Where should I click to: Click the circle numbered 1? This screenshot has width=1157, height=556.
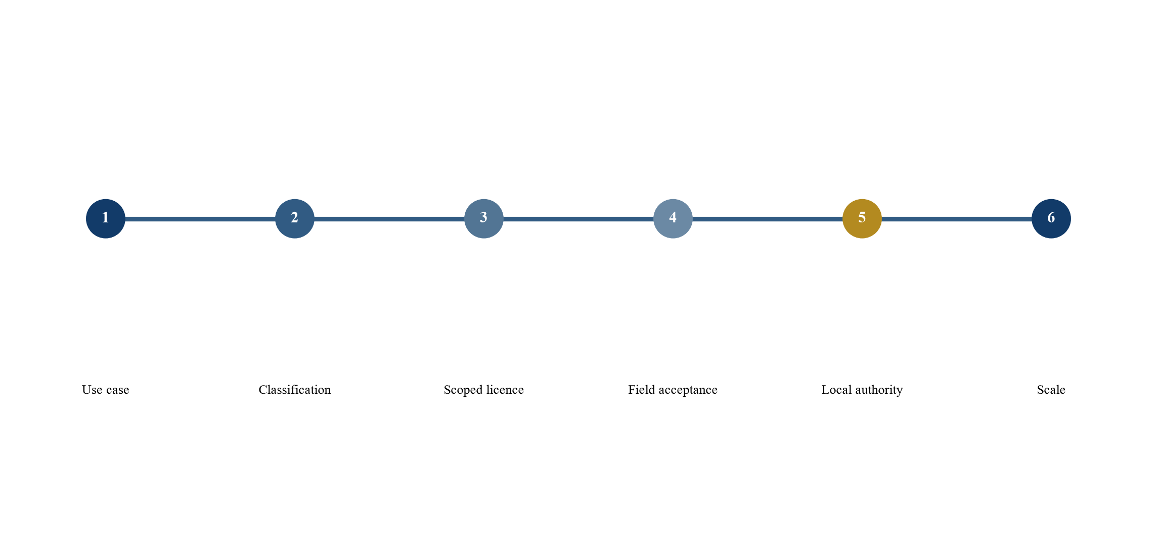pyautogui.click(x=106, y=218)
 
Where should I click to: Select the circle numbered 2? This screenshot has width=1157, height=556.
pyautogui.click(x=295, y=218)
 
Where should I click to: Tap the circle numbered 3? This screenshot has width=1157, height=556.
pyautogui.click(x=484, y=218)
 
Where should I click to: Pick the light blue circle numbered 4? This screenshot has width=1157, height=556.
pyautogui.click(x=673, y=218)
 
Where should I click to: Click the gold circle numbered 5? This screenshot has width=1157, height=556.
pyautogui.click(x=862, y=218)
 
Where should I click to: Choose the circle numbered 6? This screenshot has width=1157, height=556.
pyautogui.click(x=1051, y=218)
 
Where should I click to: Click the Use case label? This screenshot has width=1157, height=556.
pyautogui.click(x=106, y=390)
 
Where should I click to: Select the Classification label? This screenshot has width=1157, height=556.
pyautogui.click(x=295, y=390)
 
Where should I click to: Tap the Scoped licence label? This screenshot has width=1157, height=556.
pyautogui.click(x=484, y=390)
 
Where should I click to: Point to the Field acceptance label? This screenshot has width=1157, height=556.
pyautogui.click(x=673, y=390)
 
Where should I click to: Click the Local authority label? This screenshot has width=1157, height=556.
pyautogui.click(x=862, y=390)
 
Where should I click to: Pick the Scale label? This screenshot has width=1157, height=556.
pyautogui.click(x=1051, y=390)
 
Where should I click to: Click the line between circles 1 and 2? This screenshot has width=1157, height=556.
pyautogui.click(x=200, y=219)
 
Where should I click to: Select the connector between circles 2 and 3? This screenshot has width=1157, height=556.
pyautogui.click(x=389, y=219)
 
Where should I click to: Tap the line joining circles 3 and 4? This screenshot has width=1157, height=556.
pyautogui.click(x=579, y=219)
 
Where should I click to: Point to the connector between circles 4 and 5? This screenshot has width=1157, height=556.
pyautogui.click(x=768, y=219)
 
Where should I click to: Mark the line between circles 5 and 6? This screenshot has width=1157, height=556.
pyautogui.click(x=957, y=219)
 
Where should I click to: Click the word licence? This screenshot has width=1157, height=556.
pyautogui.click(x=505, y=390)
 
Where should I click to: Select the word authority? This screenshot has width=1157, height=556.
pyautogui.click(x=879, y=390)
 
